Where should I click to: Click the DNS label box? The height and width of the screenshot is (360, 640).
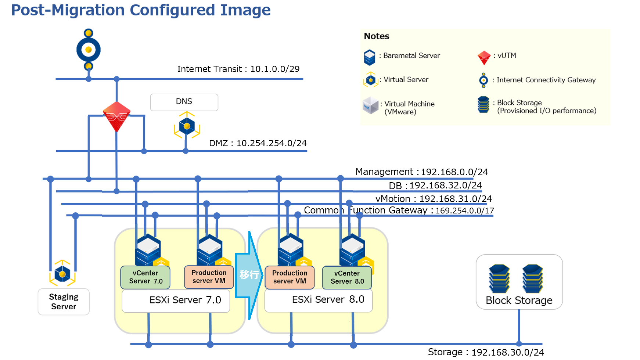(184, 102)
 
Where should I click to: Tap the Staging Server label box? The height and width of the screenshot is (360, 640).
(64, 302)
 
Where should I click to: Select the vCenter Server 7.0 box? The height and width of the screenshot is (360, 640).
(145, 277)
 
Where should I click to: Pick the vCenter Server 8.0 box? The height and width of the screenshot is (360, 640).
(347, 278)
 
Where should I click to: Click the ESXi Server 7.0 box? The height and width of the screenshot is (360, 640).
(176, 300)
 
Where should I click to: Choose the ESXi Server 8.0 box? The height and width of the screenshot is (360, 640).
(319, 300)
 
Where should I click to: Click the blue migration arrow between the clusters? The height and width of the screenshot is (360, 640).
(249, 275)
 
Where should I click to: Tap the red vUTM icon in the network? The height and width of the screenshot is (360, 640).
(116, 116)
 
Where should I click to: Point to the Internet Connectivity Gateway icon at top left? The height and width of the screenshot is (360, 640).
(89, 50)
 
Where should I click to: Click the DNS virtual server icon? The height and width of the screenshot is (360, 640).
(187, 126)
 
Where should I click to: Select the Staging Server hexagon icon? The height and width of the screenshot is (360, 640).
(62, 274)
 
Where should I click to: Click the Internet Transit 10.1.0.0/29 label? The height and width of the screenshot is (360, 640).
(238, 69)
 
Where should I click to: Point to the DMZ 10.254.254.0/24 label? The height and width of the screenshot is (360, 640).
(258, 143)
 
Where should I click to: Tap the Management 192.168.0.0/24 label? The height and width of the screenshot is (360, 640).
(421, 172)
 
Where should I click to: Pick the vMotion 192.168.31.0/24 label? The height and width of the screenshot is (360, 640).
(434, 199)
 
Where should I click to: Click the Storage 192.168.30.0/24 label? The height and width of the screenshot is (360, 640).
(486, 352)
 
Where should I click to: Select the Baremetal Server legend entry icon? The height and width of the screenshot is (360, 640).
(370, 57)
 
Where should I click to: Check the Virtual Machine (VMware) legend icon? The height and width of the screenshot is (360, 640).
(370, 106)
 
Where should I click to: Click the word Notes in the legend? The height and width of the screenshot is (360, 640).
(377, 36)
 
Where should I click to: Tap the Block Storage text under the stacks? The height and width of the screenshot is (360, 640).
(519, 300)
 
